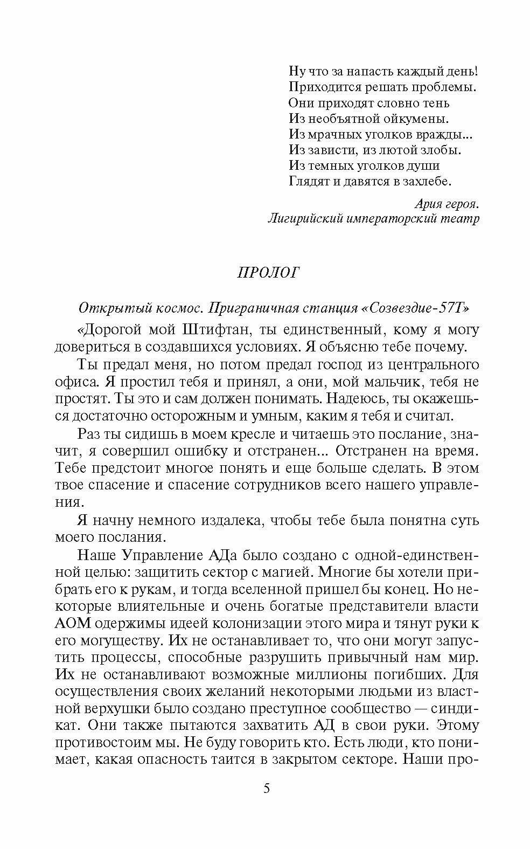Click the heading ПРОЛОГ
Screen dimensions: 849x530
click(268, 273)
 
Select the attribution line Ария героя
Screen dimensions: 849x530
click(447, 204)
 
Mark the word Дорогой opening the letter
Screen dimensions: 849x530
click(110, 329)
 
